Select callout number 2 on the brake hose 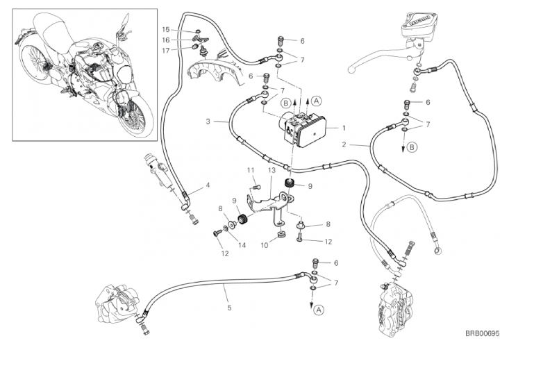click(344, 145)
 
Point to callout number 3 click(208, 122)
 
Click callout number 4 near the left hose click(207, 186)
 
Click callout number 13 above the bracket click(272, 170)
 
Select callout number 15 click(166, 29)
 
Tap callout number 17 click(166, 50)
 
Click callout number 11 click(251, 170)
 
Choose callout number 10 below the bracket click(264, 244)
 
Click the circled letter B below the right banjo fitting click(412, 147)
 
